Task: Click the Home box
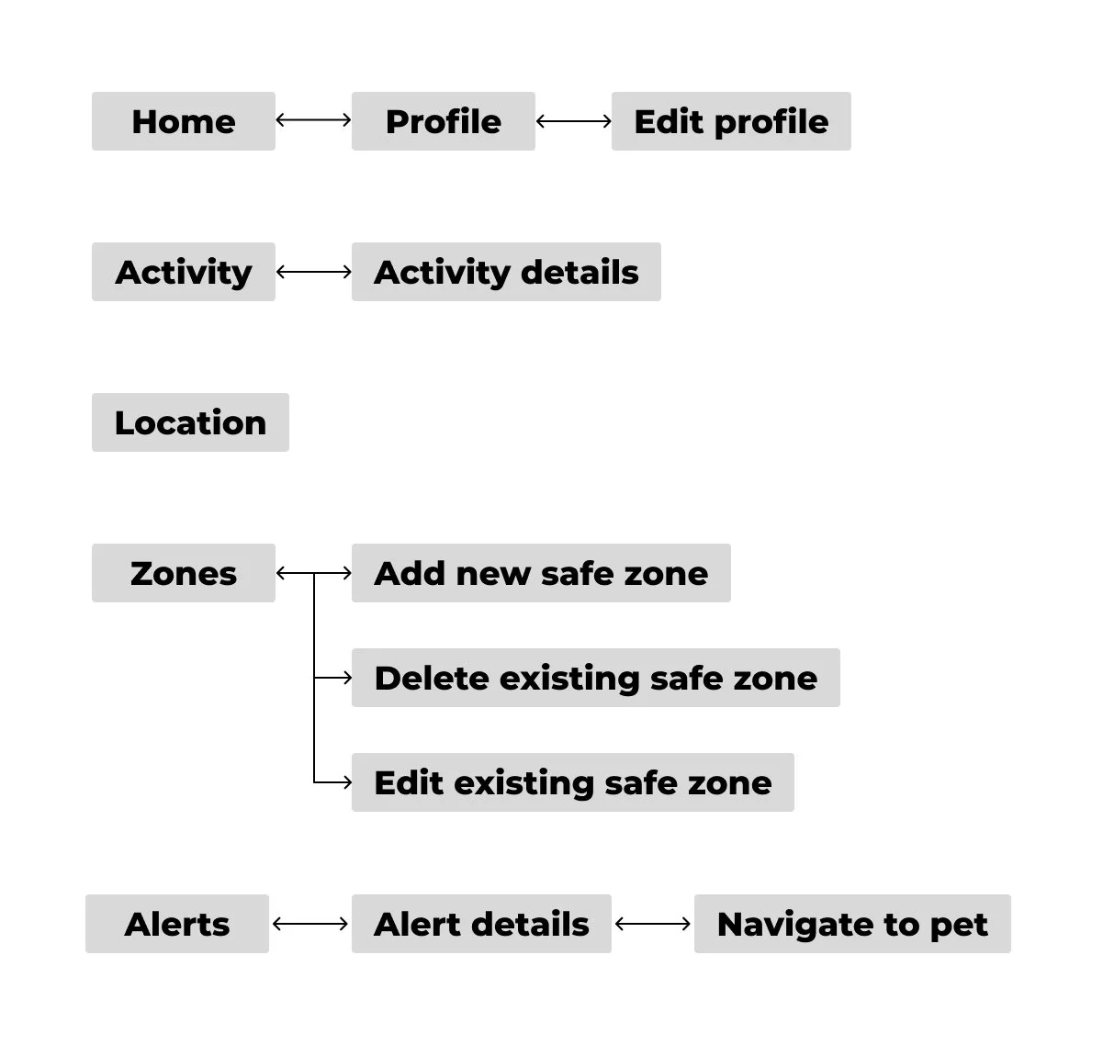pos(184,121)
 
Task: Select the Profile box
pos(443,121)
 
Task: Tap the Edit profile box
pos(731,121)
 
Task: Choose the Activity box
pos(184,272)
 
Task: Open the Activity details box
pos(506,272)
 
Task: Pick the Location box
pos(190,422)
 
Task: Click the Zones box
pos(184,573)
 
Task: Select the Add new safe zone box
pos(541,573)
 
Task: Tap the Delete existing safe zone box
pos(595,678)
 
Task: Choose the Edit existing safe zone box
pos(572,782)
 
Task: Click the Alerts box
pos(177,924)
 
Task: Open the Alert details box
pos(481,924)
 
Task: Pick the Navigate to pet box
pos(852,924)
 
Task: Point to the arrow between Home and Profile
pos(313,119)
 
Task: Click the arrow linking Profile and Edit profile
pos(573,120)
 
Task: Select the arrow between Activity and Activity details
pos(313,272)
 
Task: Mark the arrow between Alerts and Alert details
pos(310,924)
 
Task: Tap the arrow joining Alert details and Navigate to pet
pos(652,924)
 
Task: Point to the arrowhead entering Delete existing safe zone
pos(346,678)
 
